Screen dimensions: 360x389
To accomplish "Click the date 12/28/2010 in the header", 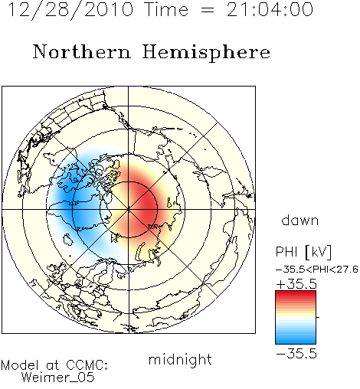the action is (71, 9).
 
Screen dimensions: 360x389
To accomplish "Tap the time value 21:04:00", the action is (270, 9).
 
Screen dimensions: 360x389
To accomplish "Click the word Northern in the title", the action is (82, 52).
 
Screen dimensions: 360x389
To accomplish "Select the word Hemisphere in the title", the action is (206, 53).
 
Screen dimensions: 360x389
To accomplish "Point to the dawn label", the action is (300, 221).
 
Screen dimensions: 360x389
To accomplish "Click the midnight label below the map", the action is (180, 360).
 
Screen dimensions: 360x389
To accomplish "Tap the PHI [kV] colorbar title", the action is (304, 252).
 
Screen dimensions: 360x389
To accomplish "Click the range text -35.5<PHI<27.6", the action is (317, 270).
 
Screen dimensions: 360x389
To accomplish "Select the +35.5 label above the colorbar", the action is (296, 284).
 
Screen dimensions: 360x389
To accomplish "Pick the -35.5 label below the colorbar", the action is (296, 354).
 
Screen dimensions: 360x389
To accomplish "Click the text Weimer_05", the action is (58, 377).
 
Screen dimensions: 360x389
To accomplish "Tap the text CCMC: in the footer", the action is (87, 365).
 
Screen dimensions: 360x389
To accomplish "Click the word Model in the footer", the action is (20, 365).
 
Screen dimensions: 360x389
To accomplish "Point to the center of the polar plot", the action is (129, 209).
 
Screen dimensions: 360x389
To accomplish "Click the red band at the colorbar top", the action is (296, 294).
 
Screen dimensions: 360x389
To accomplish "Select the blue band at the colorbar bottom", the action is (296, 341).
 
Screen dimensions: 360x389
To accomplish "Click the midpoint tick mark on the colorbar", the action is (318, 317).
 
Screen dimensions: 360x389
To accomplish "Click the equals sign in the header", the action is (208, 10).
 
